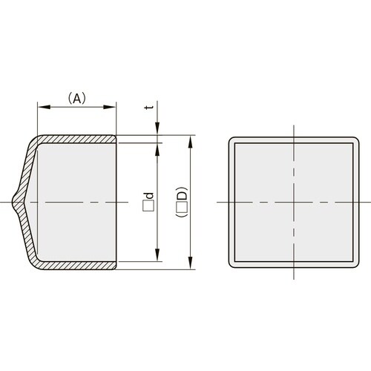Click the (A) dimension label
78,97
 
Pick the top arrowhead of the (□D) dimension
191,139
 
